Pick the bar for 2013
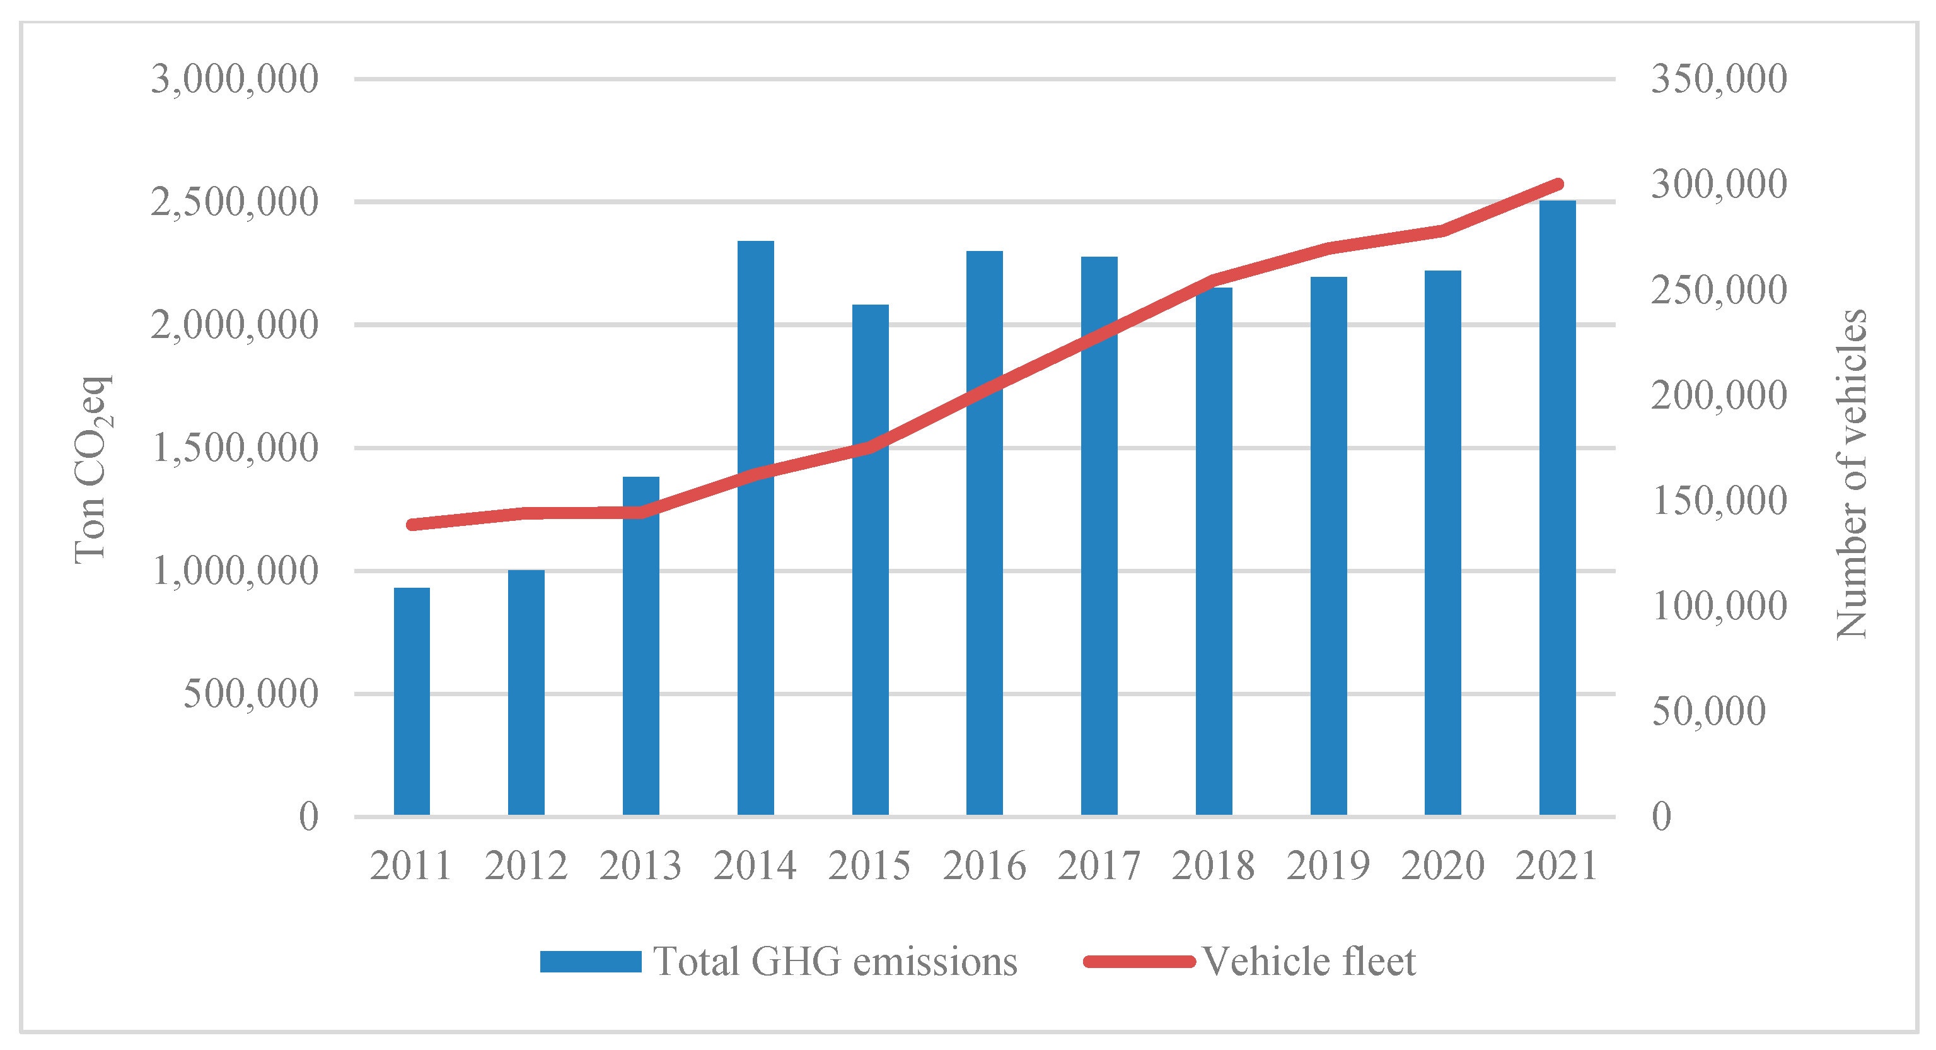tap(641, 646)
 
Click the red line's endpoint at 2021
tap(1558, 184)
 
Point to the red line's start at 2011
tap(412, 525)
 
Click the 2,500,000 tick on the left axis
tap(235, 201)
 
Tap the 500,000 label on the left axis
tap(251, 694)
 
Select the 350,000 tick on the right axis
tap(1718, 78)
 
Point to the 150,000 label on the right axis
tap(1718, 500)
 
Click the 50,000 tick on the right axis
tap(1708, 711)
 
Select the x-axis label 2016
tap(984, 865)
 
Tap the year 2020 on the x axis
tap(1442, 865)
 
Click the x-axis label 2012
tap(525, 865)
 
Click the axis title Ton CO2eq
tap(91, 470)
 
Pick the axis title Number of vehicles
tap(1850, 474)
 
